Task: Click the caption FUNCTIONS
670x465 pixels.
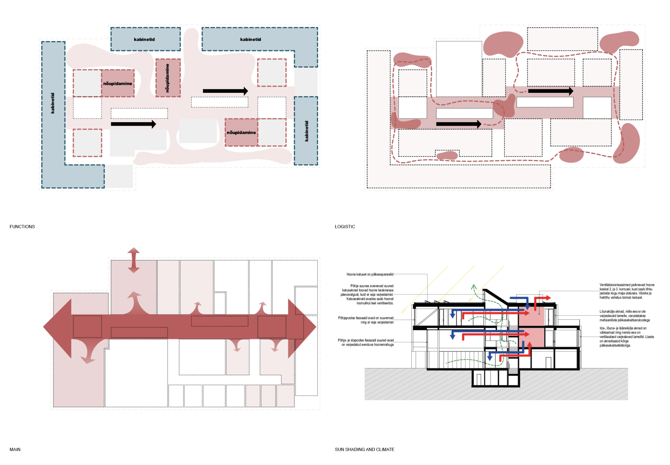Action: pos(22,227)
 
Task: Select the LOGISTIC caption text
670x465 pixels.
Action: pos(345,227)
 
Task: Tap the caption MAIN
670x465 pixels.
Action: pos(15,449)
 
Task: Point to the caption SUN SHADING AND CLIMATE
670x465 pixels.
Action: pos(364,449)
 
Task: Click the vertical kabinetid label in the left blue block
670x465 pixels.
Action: pos(53,103)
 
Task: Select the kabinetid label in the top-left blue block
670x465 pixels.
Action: pos(144,39)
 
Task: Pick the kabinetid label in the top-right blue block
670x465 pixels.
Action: pos(250,39)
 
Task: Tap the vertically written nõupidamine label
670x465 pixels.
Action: pos(167,78)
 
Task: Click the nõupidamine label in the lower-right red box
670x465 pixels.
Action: pos(241,133)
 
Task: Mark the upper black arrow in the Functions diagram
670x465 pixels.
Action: pos(225,91)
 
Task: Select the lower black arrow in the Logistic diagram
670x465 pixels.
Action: pos(459,124)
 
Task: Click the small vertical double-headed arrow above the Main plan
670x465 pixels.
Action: pos(134,260)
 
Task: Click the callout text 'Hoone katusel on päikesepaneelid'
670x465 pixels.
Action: pos(370,274)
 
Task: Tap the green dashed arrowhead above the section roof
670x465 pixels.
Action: pos(474,287)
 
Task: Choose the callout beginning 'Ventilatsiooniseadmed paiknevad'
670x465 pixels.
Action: pos(627,291)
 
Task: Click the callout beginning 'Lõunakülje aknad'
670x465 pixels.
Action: pos(625,316)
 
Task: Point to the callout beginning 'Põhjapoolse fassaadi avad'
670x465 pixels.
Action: pos(366,320)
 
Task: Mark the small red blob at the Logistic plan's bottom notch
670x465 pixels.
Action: pos(447,155)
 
